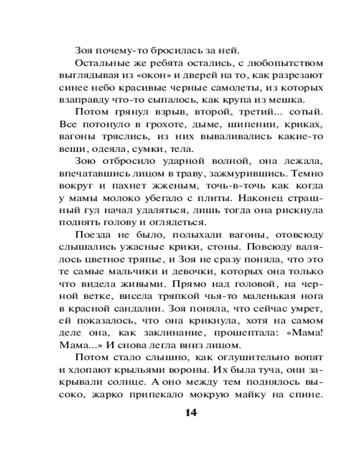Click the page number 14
191,413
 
